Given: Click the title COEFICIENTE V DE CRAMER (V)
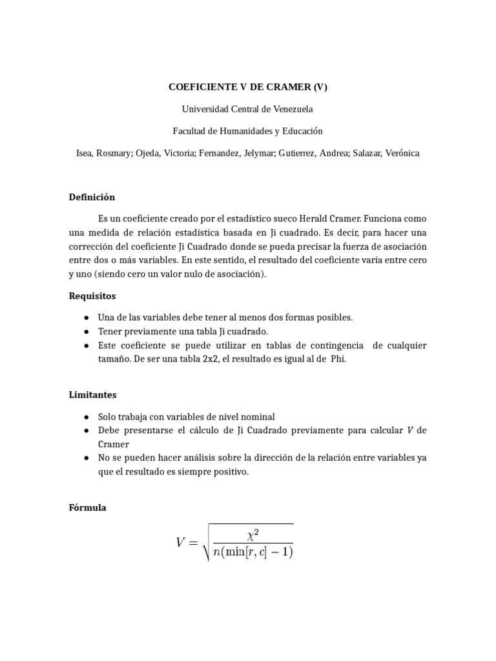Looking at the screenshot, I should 248,86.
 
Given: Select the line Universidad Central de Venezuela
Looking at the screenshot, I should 248,109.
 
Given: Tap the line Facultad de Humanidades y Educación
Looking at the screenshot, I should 248,131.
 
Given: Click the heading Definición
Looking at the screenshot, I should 92,198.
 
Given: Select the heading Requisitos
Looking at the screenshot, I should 92,296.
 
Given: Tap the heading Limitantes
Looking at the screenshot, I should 92,394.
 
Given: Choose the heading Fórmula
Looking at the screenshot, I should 87,508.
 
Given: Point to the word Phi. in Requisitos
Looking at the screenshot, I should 338,360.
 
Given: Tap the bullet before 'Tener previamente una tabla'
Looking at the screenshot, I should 87,332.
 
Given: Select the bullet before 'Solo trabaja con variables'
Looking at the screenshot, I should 87,417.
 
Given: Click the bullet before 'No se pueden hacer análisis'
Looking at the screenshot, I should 87,458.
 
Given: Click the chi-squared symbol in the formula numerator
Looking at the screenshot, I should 253,534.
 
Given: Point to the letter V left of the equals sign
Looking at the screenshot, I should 181,543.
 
